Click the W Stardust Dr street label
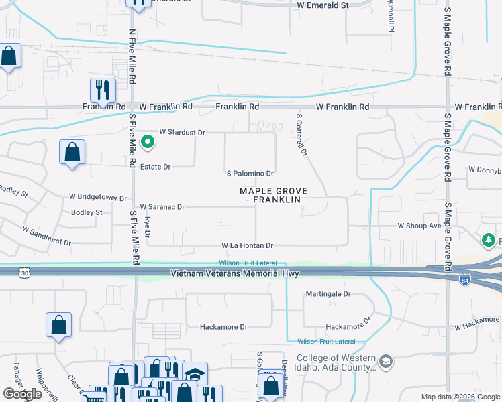[182, 133]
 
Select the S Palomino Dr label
[250, 173]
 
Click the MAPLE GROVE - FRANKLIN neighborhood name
[274, 196]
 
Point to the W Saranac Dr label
[161, 207]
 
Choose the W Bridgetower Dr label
[98, 198]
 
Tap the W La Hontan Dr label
[247, 246]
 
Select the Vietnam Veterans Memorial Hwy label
[234, 273]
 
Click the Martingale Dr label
[328, 293]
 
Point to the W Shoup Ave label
[419, 226]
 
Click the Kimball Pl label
[389, 16]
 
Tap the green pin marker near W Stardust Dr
[147, 142]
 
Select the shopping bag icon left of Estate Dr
[72, 152]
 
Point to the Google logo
[23, 394]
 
